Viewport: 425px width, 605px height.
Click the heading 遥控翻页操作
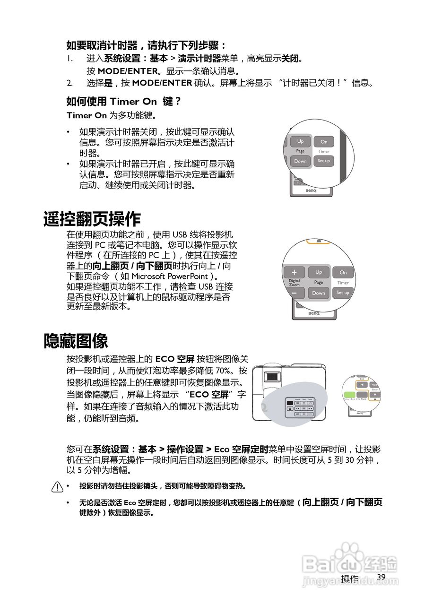(92, 219)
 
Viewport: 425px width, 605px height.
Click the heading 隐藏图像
(76, 341)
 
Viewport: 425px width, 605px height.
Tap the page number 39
(382, 577)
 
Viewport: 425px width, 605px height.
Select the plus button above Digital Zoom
(295, 272)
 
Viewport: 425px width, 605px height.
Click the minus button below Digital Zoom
(295, 293)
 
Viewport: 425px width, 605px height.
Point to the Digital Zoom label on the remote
(295, 283)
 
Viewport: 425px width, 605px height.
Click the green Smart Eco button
(349, 394)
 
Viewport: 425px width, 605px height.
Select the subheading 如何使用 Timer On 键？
(124, 101)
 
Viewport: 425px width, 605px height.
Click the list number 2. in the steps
(69, 83)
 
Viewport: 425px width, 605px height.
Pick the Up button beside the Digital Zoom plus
(319, 272)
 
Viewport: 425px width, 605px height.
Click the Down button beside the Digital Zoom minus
(319, 293)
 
